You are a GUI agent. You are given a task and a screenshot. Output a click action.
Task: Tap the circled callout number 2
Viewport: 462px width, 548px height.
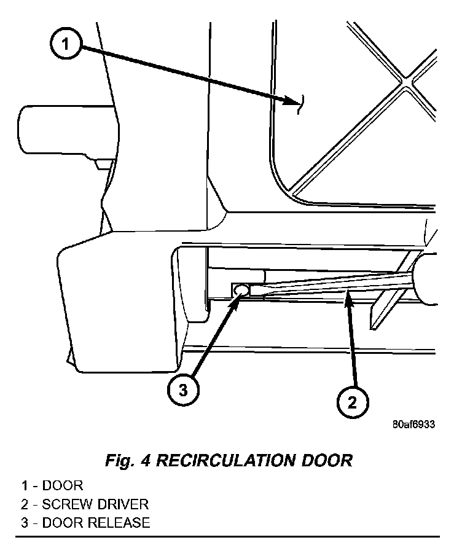(x=353, y=402)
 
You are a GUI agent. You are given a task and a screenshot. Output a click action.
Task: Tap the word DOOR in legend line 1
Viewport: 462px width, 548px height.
(x=62, y=486)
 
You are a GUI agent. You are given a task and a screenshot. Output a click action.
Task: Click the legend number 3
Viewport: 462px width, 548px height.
(x=23, y=523)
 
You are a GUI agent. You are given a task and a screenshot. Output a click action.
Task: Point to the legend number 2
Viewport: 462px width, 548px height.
(x=23, y=504)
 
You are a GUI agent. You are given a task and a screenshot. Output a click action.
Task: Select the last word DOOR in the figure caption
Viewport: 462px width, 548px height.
(x=332, y=460)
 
